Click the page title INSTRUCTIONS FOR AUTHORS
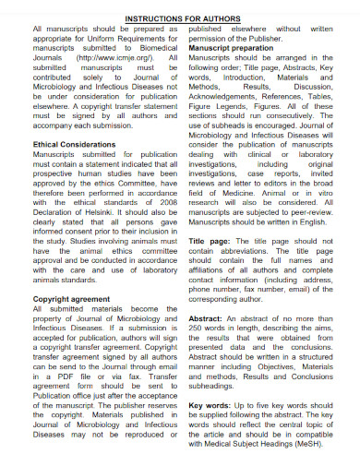click(x=181, y=18)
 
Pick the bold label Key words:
click(x=213, y=403)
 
